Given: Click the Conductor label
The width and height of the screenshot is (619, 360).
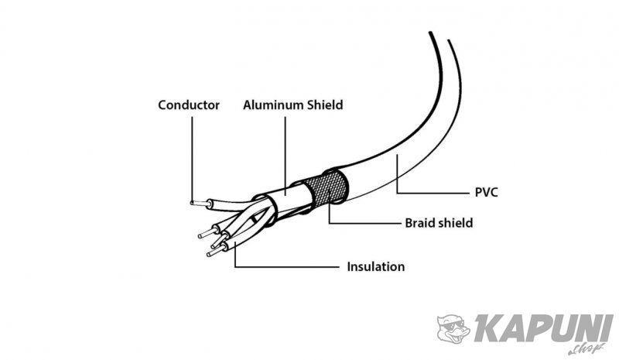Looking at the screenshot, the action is [189, 105].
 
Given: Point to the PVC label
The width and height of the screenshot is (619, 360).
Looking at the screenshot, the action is [487, 193].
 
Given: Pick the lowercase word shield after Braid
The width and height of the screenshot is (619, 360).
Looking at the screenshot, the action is [453, 223].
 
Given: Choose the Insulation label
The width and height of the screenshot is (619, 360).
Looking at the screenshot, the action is [376, 267].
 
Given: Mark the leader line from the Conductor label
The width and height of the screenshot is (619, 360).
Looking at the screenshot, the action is [192, 159].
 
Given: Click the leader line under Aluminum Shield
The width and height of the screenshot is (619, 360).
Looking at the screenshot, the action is [286, 156].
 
